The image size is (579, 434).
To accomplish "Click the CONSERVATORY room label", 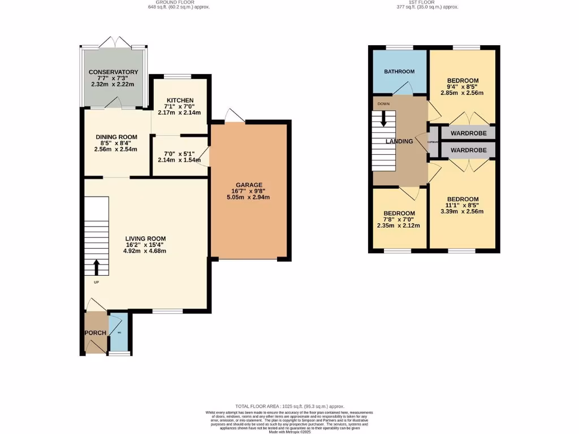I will pos(113,72).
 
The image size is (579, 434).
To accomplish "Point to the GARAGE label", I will pos(249,185).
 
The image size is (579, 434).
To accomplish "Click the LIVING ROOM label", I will pos(145,238).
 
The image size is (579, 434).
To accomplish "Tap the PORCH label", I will pos(95,333).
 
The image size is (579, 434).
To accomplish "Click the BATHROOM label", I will pos(399,72).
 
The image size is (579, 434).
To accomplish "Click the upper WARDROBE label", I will pos(469,133).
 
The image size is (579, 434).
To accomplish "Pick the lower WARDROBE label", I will pos(469,150).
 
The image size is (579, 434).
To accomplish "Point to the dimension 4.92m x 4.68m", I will pos(145,251).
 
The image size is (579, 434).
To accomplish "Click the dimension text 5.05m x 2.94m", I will pos(249,197).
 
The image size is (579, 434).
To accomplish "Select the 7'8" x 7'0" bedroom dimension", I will pos(399,219).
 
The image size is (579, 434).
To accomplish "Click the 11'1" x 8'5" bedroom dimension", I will pos(463,206).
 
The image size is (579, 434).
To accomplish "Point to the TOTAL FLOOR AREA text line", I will pos(289,406).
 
